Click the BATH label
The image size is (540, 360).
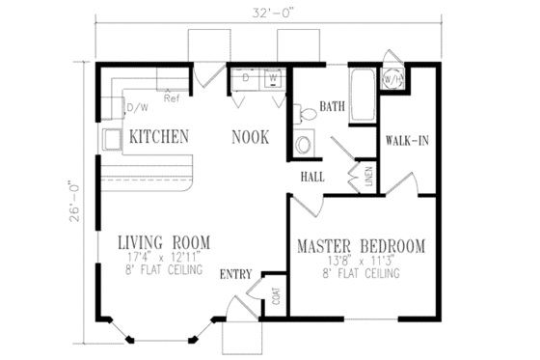tap(334, 106)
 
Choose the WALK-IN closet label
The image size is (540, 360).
tap(406, 140)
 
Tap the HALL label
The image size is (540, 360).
tap(312, 177)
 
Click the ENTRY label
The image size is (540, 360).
tap(238, 274)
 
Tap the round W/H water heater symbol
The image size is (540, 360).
tap(393, 79)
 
